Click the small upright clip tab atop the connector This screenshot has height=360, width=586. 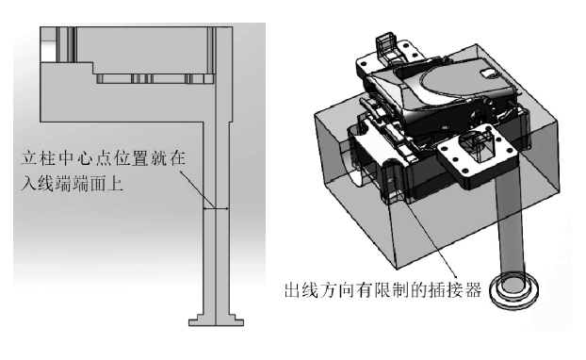click(x=385, y=46)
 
